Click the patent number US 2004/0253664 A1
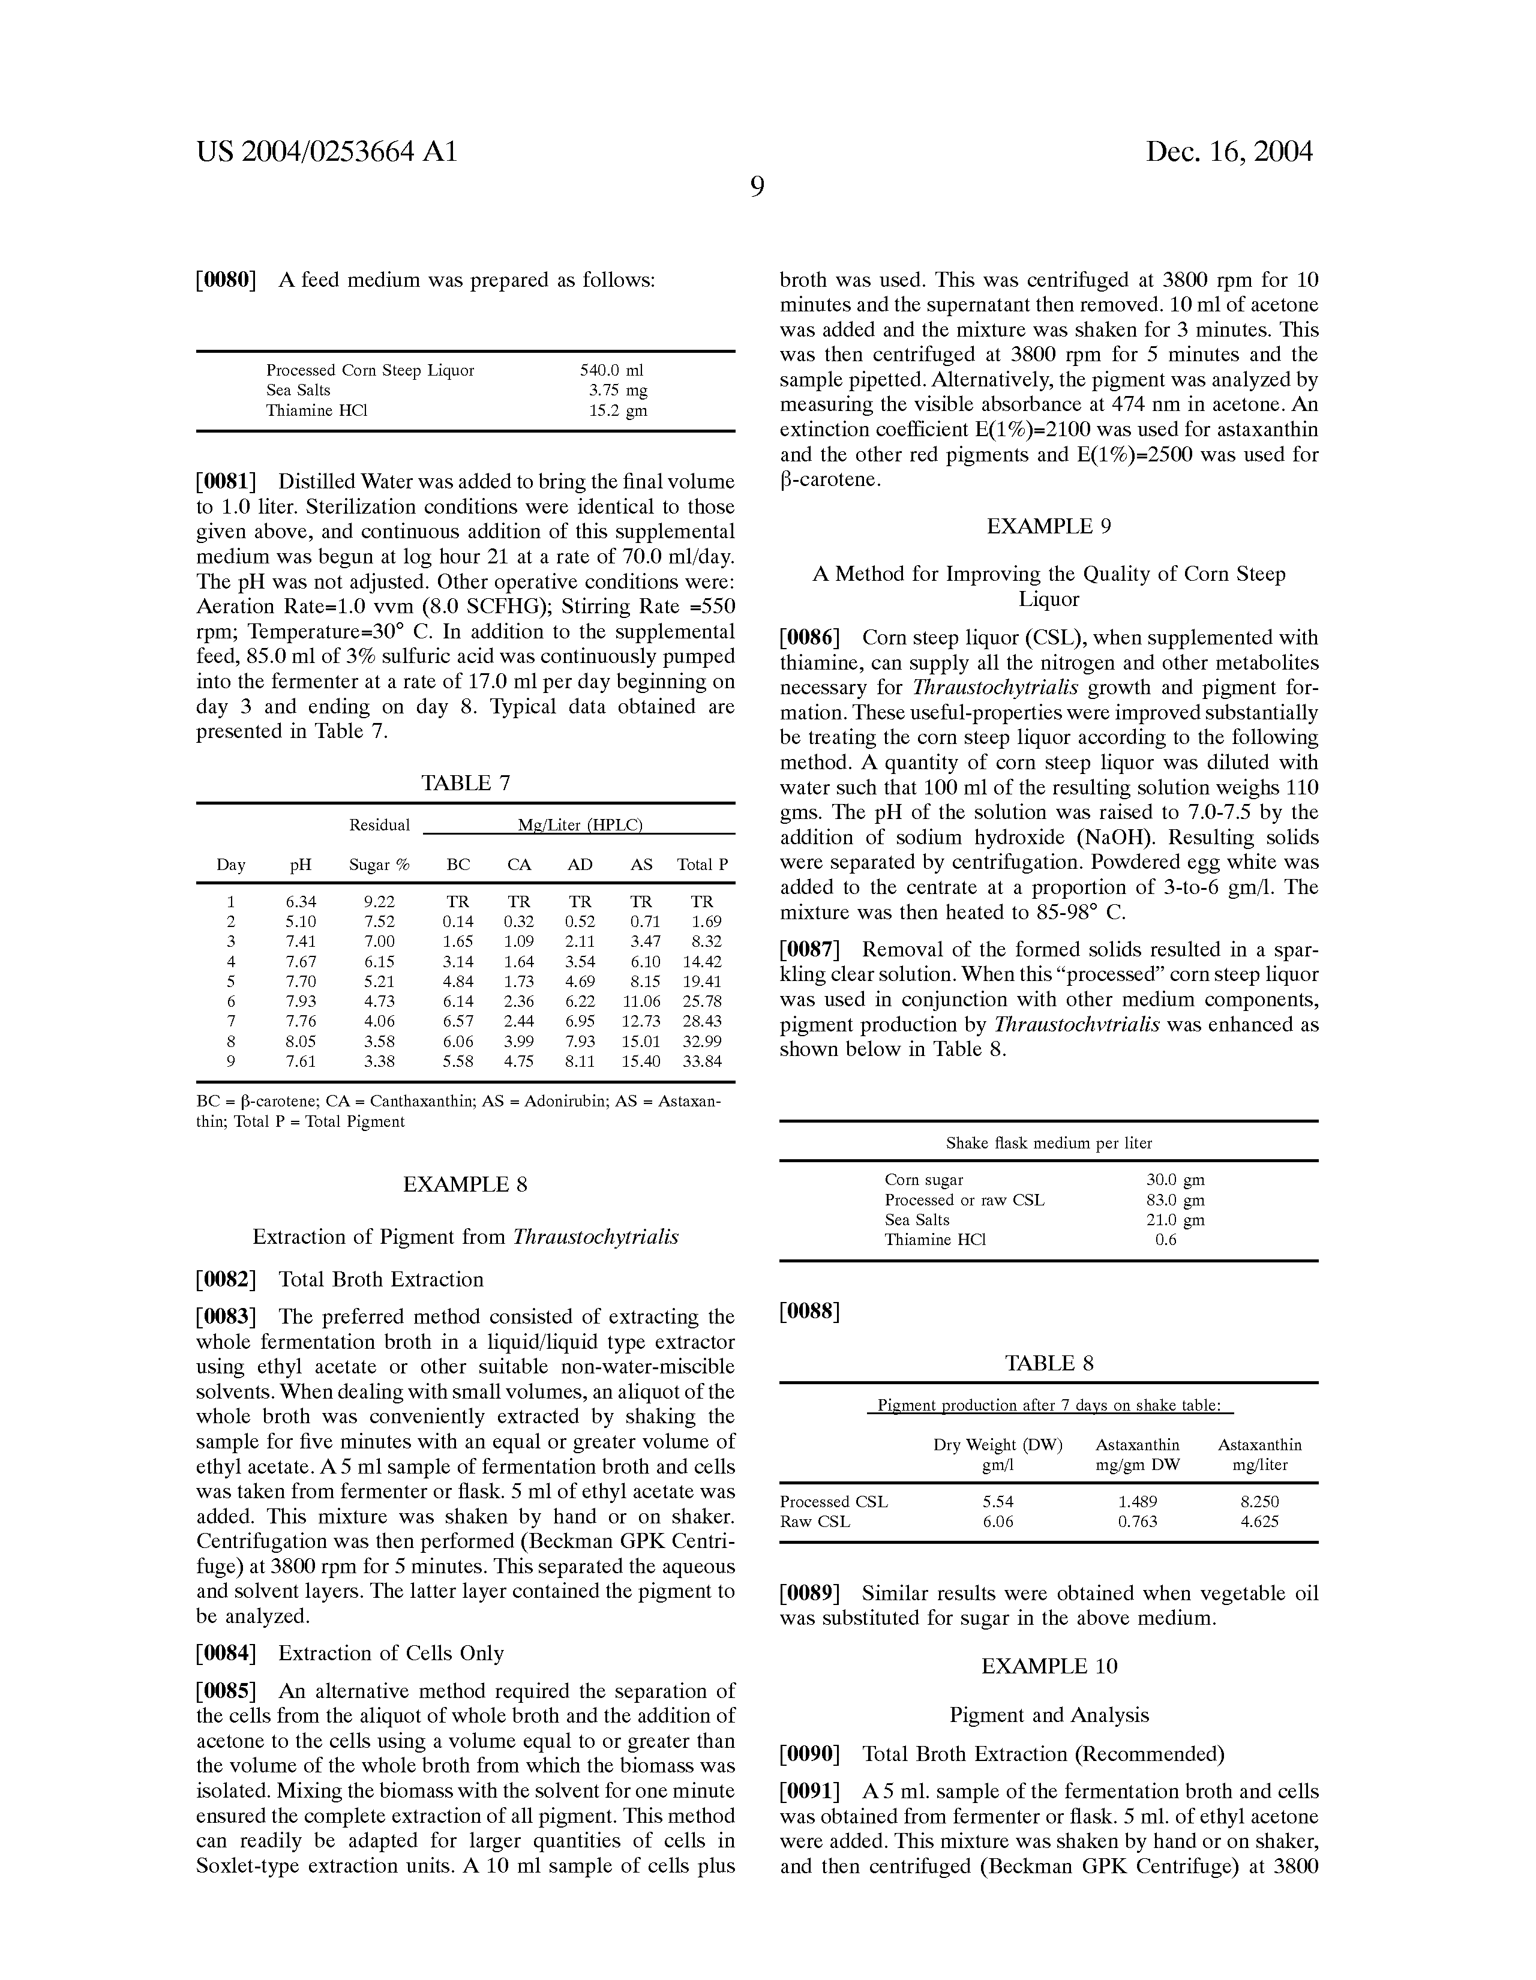tap(326, 151)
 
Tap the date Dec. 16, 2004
tap(1229, 151)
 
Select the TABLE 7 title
tap(465, 783)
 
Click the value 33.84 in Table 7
tap(702, 1061)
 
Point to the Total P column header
tap(702, 865)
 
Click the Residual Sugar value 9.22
tap(379, 902)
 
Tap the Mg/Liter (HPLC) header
tap(580, 825)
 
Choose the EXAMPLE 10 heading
tap(1049, 1666)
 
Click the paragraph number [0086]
tap(810, 638)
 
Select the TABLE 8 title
tap(1049, 1364)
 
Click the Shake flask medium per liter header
tap(1049, 1143)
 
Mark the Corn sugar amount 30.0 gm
tap(1175, 1180)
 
